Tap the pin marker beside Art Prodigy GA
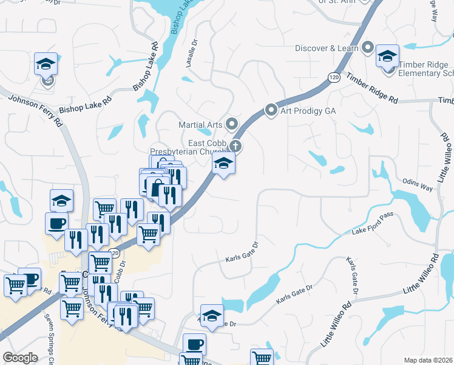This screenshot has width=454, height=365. click(x=271, y=111)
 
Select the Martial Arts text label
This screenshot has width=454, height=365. click(x=200, y=125)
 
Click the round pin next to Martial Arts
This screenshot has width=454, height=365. click(x=231, y=125)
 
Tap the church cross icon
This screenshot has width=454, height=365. click(x=235, y=146)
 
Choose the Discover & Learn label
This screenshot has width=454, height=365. click(x=328, y=47)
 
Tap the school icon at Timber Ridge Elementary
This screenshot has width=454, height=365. click(x=387, y=57)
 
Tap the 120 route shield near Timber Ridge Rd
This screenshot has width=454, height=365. click(x=333, y=77)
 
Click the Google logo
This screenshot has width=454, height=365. click(x=21, y=358)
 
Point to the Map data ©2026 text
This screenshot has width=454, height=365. click(x=429, y=360)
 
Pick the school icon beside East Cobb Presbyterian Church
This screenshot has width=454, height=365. click(x=223, y=163)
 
